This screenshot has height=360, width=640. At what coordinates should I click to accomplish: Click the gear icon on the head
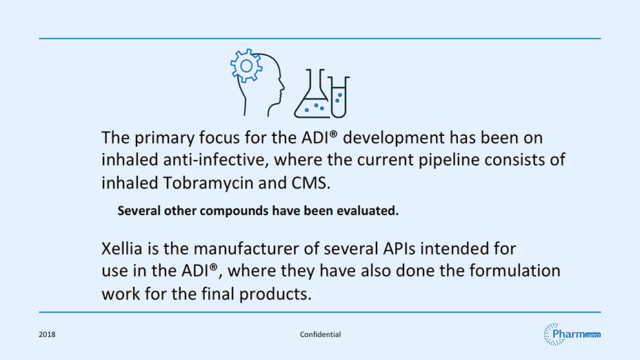pos(246,66)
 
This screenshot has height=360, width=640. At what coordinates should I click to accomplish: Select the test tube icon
pos(339,97)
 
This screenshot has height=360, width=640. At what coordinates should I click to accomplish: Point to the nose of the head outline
pos(283,86)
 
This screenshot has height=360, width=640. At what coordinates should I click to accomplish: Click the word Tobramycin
pos(208,183)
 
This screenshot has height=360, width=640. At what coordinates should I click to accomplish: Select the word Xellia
pos(121,248)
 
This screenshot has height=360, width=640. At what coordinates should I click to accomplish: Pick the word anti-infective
pos(216,159)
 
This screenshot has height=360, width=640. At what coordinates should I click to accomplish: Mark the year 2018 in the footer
pos(47,334)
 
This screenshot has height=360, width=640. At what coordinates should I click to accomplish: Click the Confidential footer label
pos(321,334)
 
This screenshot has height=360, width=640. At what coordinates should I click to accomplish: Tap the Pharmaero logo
pos(572,334)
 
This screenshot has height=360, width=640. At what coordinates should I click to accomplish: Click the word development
pos(394,138)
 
